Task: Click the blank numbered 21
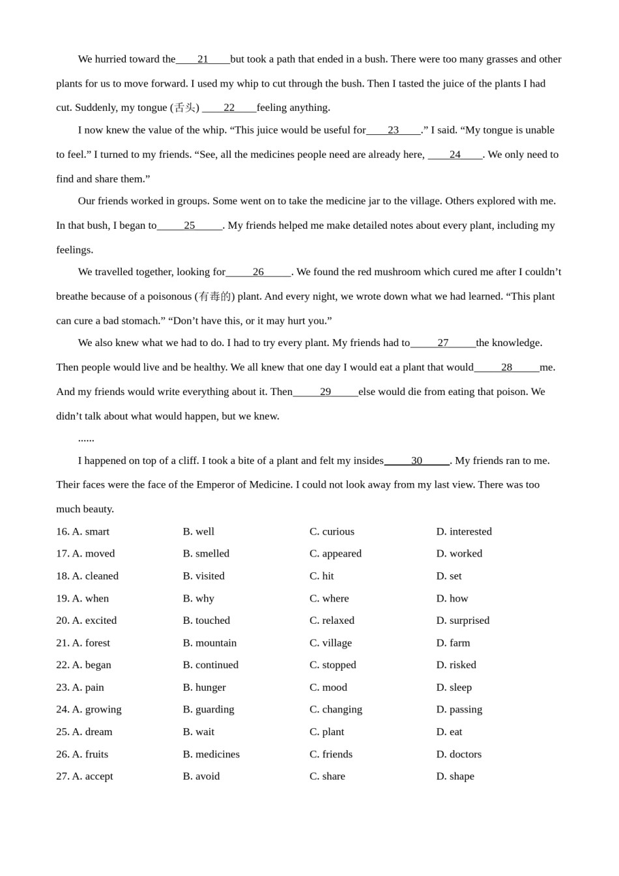[203, 59]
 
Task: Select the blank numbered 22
[229, 108]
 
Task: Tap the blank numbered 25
[190, 226]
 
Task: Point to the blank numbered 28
[506, 368]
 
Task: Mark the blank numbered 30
[416, 461]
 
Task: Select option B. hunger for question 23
[204, 688]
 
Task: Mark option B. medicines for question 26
[211, 755]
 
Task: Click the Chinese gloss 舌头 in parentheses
[184, 108]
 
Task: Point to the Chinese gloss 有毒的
[214, 297]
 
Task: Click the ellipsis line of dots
[86, 439]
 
